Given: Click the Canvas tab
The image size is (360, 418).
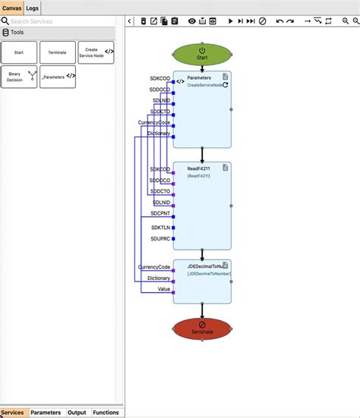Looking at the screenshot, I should (11, 8).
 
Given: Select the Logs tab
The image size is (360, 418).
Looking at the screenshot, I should (33, 8).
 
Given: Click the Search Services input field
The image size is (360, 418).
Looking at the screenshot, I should (61, 21).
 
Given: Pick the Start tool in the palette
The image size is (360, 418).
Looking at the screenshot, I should (19, 52).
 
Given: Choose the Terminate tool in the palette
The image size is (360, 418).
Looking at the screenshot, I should (57, 52).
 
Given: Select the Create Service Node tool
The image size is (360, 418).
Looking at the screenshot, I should (96, 52).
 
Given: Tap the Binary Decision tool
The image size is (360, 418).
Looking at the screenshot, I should (19, 77).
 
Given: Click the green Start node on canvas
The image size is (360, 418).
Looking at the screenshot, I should (202, 53).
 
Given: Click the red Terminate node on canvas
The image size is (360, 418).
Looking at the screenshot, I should (202, 328).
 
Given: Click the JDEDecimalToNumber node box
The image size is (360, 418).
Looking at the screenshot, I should (202, 281).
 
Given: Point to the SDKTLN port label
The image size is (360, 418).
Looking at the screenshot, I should (160, 228).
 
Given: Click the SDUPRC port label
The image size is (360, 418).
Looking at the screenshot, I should (160, 239).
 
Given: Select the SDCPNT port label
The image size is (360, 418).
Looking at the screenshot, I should (160, 215).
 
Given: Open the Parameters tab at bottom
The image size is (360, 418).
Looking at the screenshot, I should (46, 413).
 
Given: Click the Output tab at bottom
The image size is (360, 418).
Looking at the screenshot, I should (77, 413).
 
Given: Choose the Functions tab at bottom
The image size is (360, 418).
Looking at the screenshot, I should (106, 413).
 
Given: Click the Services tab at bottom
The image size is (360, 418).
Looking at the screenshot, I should (12, 413).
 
